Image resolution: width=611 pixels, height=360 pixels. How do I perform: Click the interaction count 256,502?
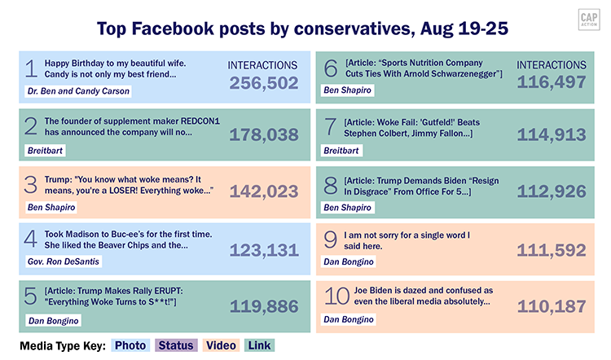click(263, 83)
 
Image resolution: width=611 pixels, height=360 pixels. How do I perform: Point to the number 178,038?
click(263, 135)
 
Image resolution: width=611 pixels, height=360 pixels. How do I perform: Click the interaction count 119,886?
click(263, 306)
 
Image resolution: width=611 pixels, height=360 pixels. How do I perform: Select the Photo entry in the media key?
click(130, 345)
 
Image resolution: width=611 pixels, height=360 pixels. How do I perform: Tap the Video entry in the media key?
click(222, 345)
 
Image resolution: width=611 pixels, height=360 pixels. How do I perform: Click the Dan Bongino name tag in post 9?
click(349, 262)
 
